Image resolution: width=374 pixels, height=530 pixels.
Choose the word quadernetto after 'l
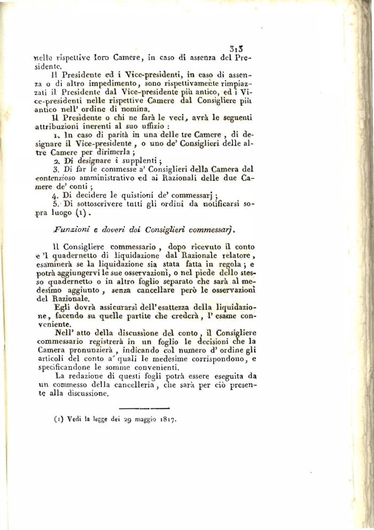(92, 256)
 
